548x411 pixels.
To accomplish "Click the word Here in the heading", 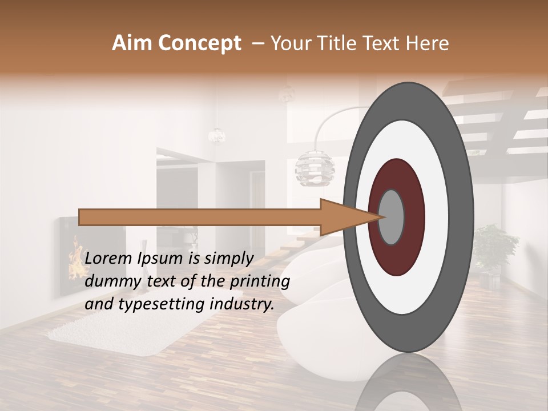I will [428, 43].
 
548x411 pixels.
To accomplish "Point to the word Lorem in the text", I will [108, 259].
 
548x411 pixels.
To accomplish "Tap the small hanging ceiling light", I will [216, 135].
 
